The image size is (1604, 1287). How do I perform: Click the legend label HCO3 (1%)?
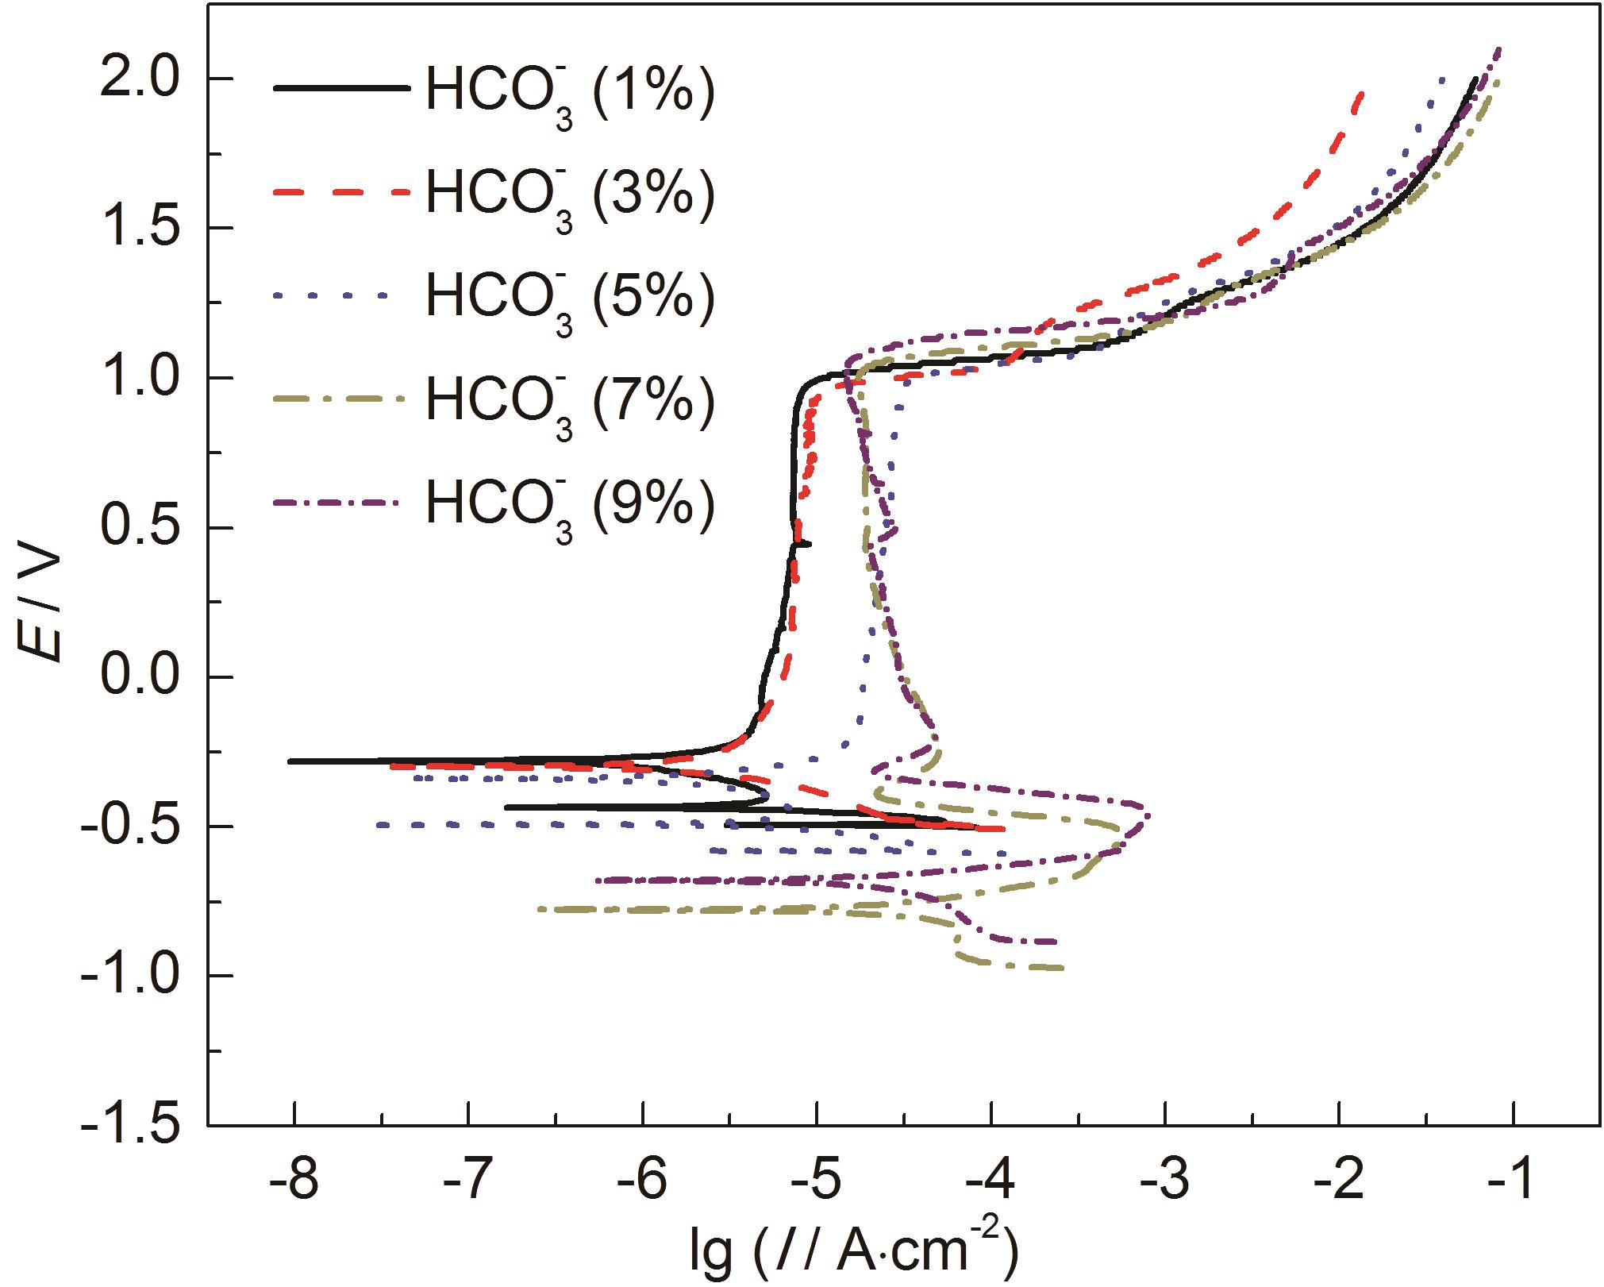tap(570, 94)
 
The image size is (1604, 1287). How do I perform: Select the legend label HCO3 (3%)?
tap(570, 195)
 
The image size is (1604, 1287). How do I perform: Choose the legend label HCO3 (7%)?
tap(570, 402)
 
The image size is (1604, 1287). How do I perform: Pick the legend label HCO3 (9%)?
tap(570, 505)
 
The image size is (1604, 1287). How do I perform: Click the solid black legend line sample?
tap(342, 88)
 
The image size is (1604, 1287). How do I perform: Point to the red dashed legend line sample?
tap(342, 191)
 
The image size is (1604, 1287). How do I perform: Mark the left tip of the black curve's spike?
tap(290, 761)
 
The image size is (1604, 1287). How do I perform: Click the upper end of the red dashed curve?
tap(1362, 94)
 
